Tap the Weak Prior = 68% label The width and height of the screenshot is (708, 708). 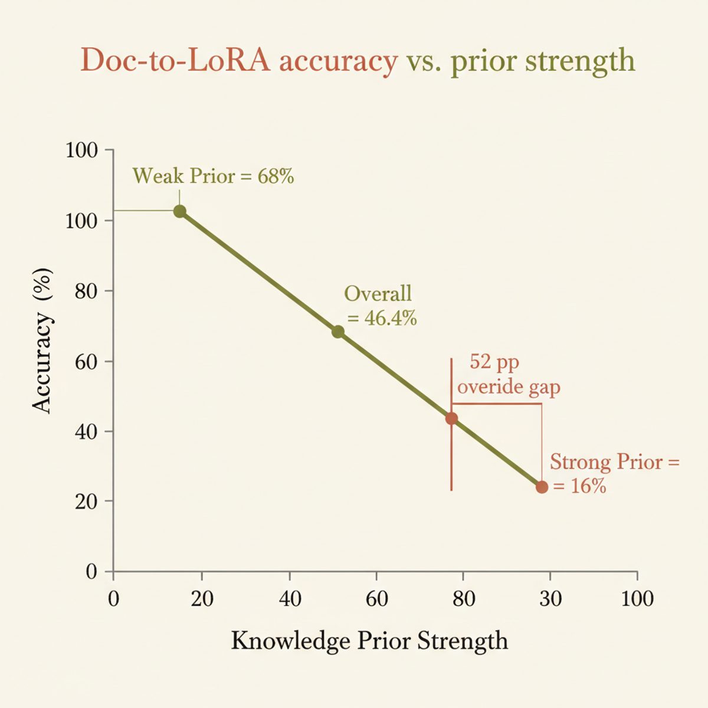click(x=213, y=176)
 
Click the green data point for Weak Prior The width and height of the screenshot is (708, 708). click(x=180, y=211)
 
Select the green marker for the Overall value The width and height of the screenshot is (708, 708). click(x=337, y=332)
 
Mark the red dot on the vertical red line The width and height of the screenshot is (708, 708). click(x=451, y=418)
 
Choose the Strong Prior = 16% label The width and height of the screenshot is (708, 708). click(x=614, y=473)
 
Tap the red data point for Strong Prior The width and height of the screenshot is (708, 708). click(x=542, y=487)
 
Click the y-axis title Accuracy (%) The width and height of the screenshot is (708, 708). click(x=42, y=340)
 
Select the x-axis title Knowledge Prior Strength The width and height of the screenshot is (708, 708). click(x=369, y=641)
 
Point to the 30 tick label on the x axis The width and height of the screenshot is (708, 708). click(x=550, y=599)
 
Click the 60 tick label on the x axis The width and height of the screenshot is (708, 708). click(x=376, y=599)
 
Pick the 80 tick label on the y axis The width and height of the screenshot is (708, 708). click(x=86, y=291)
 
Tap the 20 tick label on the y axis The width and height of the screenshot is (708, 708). click(x=86, y=501)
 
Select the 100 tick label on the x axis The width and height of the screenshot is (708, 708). click(x=637, y=599)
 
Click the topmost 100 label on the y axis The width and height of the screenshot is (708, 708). click(x=81, y=150)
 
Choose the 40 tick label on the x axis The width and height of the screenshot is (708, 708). click(x=290, y=599)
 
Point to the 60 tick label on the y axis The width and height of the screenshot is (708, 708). click(x=86, y=361)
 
